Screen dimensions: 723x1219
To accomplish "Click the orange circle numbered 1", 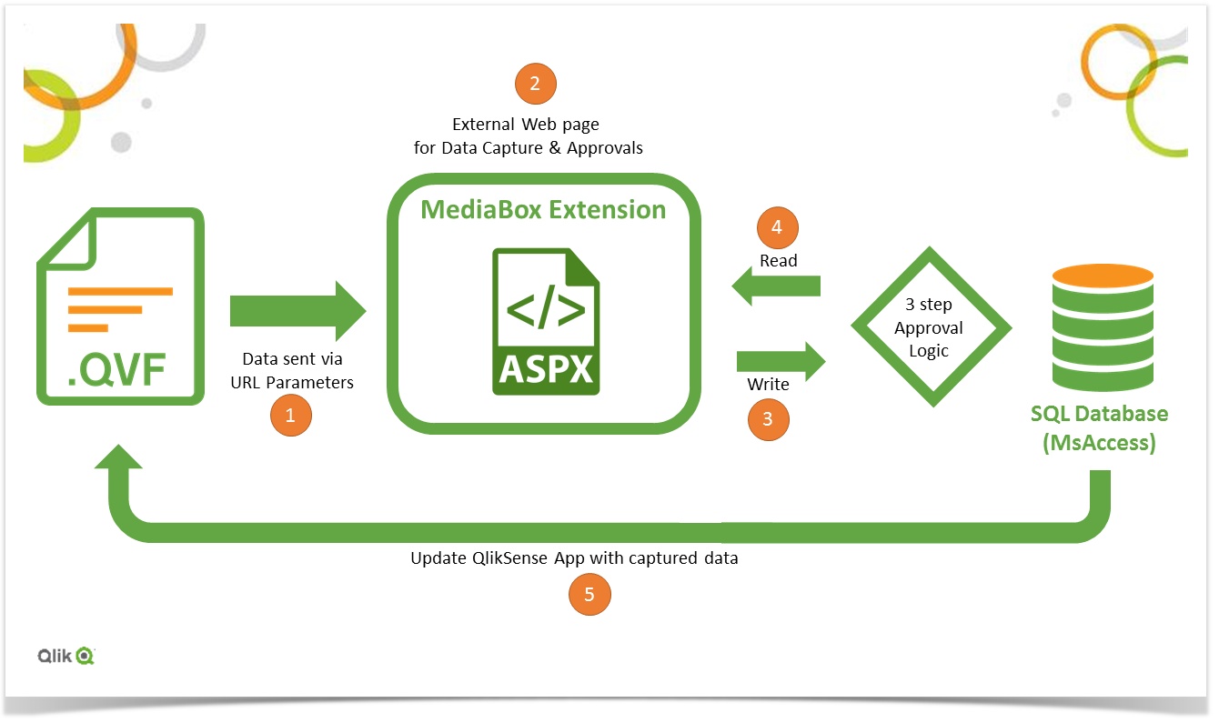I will pyautogui.click(x=291, y=416).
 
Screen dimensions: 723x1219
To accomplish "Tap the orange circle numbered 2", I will pyautogui.click(x=535, y=84).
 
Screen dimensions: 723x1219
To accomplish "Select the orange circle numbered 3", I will pyautogui.click(x=768, y=419).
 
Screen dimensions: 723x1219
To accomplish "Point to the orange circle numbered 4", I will pyautogui.click(x=777, y=227).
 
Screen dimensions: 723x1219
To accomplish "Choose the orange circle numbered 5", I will pyautogui.click(x=589, y=595).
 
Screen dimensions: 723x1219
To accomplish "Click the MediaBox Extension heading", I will pyautogui.click(x=543, y=210).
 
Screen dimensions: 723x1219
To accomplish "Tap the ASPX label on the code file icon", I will pyautogui.click(x=545, y=368).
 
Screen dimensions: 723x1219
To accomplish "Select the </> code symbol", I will pyautogui.click(x=545, y=310).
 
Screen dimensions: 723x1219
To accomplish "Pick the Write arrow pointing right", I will pyautogui.click(x=781, y=362).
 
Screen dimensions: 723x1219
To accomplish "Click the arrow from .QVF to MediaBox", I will pyautogui.click(x=297, y=311).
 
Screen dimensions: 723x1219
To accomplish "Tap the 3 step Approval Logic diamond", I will pyautogui.click(x=929, y=327).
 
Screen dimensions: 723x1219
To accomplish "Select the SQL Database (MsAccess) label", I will pyautogui.click(x=1099, y=428).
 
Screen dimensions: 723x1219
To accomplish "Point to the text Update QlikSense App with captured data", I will pyautogui.click(x=574, y=558).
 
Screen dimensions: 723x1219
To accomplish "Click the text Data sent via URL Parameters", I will pyautogui.click(x=297, y=371).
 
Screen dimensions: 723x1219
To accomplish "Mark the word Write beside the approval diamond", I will pyautogui.click(x=768, y=385).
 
